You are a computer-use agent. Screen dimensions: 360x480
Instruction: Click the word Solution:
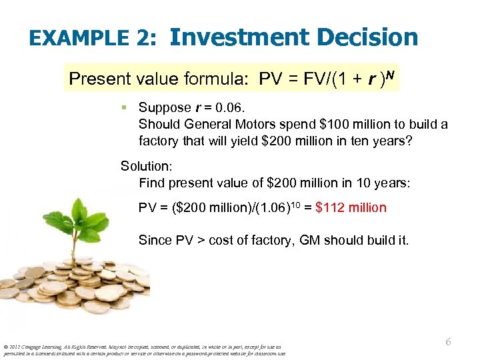pos(145,166)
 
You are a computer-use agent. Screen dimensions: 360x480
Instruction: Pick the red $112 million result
pos(351,207)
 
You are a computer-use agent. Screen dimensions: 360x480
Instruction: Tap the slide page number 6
pos(448,341)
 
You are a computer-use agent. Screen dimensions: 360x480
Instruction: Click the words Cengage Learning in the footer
pos(43,347)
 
